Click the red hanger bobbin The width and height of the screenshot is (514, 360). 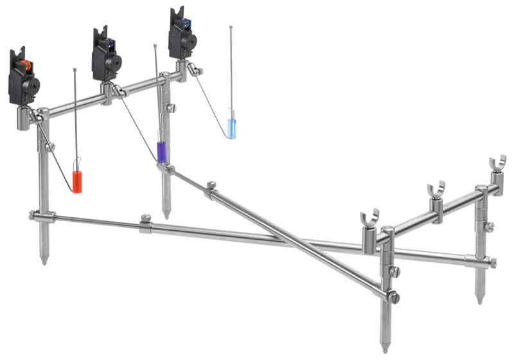76,181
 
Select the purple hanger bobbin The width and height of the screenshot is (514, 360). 161,152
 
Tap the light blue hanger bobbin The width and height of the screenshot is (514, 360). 231,127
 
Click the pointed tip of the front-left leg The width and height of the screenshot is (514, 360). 44,261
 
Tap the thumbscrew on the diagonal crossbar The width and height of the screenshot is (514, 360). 211,186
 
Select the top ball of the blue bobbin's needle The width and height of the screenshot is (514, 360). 231,28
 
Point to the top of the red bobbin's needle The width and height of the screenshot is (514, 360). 75,69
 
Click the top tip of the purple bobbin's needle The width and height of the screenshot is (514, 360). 155,46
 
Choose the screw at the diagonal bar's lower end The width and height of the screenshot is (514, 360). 393,298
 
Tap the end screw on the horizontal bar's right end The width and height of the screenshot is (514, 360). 493,262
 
